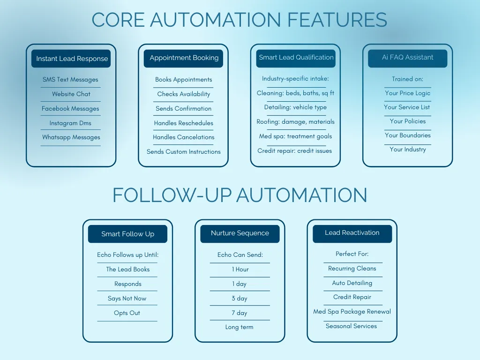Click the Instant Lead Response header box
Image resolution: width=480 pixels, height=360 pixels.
[72, 59]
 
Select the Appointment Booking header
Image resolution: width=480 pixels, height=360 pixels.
[184, 58]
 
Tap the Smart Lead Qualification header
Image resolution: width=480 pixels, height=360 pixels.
[296, 58]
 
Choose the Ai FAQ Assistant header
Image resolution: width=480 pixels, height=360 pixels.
[407, 58]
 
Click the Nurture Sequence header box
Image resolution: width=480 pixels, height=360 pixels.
[240, 233]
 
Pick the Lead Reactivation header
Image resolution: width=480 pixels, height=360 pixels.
[352, 233]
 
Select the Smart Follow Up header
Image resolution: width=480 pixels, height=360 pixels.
[127, 234]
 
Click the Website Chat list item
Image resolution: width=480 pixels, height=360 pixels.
[71, 94]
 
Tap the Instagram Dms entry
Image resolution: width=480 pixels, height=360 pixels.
[70, 123]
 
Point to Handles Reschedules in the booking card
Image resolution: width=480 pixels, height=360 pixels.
[183, 123]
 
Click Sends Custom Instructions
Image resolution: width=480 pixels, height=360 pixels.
[183, 152]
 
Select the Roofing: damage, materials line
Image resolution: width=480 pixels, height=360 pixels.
[295, 122]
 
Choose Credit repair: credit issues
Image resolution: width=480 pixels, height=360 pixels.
[294, 151]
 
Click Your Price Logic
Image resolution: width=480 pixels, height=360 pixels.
[407, 93]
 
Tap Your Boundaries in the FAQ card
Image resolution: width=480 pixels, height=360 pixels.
[407, 135]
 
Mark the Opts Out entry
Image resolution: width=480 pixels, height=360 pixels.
[127, 313]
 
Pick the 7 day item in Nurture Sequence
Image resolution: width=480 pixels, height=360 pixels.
[240, 313]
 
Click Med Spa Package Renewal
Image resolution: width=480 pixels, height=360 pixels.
[352, 312]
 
